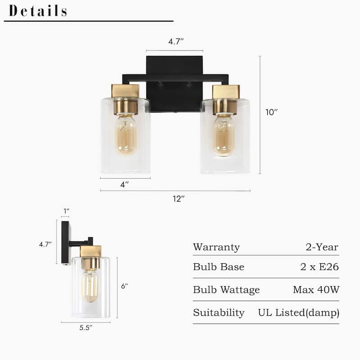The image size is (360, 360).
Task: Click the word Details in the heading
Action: pos(38,11)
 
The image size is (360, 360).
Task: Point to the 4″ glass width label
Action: pos(125,184)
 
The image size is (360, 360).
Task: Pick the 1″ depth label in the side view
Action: pos(67,211)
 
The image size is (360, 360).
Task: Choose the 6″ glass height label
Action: pos(125,286)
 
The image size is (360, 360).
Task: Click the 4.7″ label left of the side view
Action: pos(45,245)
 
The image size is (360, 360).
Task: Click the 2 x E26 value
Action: pos(319,267)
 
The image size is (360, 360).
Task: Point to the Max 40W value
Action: pos(316,290)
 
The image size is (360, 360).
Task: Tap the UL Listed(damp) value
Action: pos(298,313)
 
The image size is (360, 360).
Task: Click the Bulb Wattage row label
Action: pos(226,290)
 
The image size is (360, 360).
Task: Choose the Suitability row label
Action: pos(219,313)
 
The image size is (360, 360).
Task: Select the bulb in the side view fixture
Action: pos(90,286)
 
